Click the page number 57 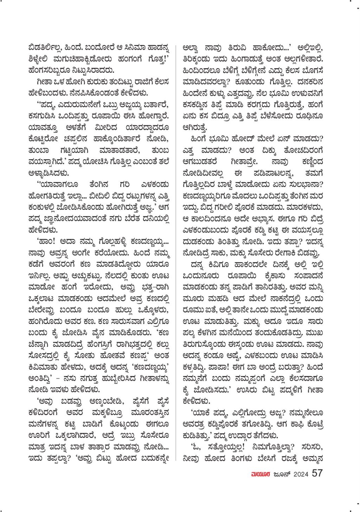[317, 473]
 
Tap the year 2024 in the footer [301, 474]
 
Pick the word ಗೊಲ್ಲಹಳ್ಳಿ [111, 242]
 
